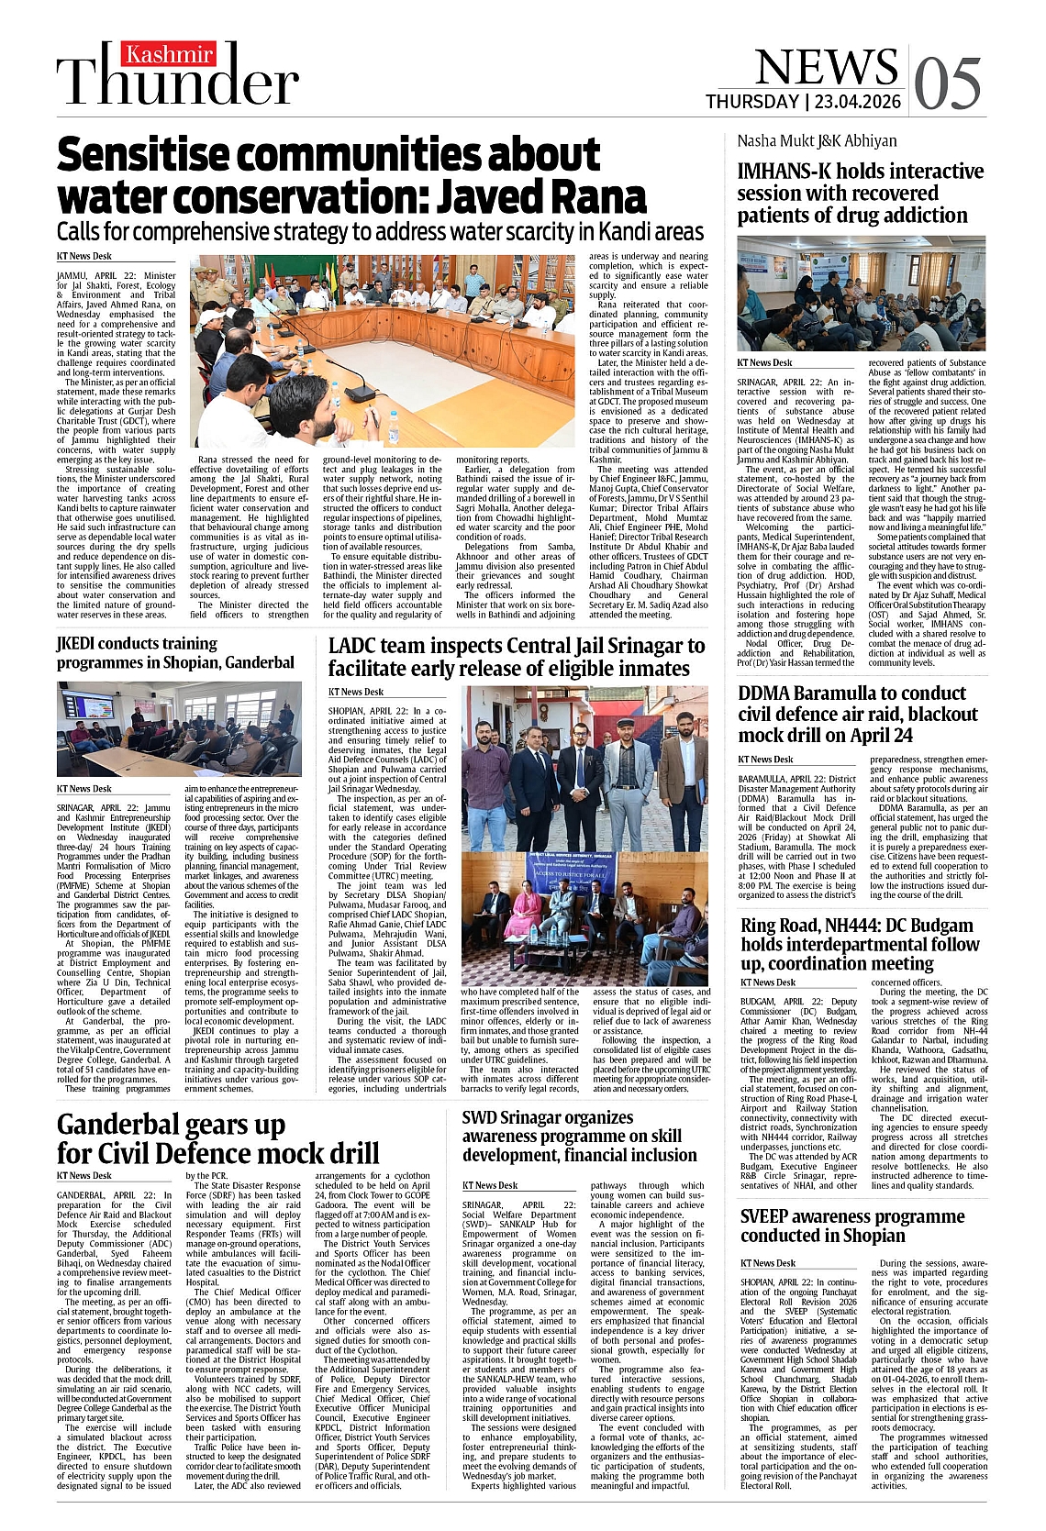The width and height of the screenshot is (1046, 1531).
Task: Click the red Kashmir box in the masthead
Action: [170, 55]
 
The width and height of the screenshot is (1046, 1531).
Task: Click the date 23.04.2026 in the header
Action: [857, 102]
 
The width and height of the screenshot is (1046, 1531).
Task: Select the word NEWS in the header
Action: [826, 66]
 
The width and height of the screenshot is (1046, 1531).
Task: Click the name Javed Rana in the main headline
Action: [540, 197]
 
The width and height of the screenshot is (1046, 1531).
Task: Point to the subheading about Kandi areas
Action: [380, 231]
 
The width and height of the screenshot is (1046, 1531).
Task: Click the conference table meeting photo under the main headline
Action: [384, 351]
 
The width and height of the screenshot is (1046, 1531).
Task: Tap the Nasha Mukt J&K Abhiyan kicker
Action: [817, 140]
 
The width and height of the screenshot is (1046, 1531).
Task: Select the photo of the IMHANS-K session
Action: [861, 293]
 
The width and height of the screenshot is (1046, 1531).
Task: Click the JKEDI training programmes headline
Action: [175, 652]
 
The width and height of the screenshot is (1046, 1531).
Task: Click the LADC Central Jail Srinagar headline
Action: [517, 657]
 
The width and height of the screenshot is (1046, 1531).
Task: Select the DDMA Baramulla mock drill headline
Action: [858, 714]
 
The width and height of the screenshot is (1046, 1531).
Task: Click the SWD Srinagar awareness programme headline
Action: [579, 1136]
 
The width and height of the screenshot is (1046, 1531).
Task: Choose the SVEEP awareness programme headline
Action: [852, 1226]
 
